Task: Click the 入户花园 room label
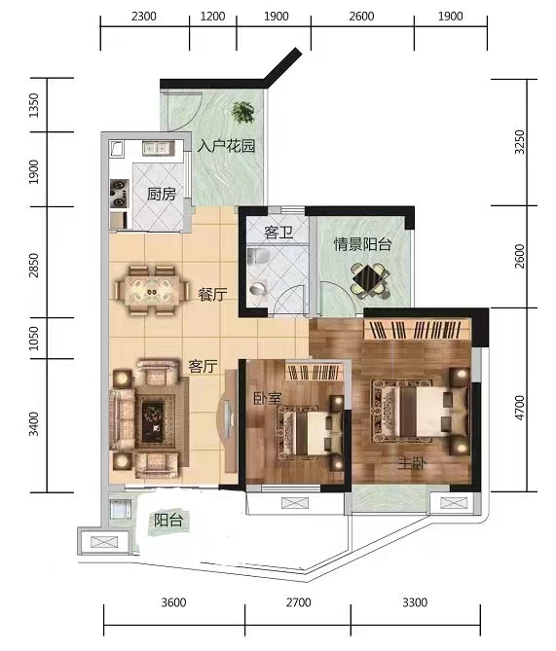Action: tap(226, 146)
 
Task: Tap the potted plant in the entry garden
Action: tap(244, 112)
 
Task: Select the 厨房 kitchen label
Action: tap(162, 194)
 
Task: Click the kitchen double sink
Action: tap(159, 148)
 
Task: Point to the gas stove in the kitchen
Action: tap(119, 194)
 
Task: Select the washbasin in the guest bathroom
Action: tap(258, 289)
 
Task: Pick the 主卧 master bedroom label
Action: tap(412, 463)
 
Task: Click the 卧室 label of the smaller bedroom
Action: tap(268, 399)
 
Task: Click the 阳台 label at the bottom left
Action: tap(167, 521)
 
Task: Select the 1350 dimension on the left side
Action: tap(34, 105)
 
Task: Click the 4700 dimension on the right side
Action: tap(520, 408)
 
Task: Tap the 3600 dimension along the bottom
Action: tap(173, 602)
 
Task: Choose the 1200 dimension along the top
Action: tap(212, 17)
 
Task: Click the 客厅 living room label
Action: tap(204, 367)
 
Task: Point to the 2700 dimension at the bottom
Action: tap(298, 602)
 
